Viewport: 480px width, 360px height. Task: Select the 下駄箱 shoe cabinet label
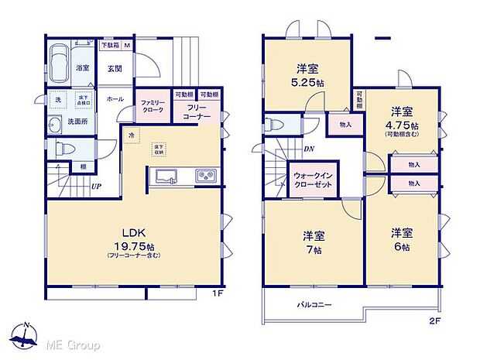tap(114, 45)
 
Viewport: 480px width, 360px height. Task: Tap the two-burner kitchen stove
tap(206, 177)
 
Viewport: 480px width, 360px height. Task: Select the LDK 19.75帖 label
tap(129, 238)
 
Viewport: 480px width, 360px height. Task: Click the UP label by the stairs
tap(96, 187)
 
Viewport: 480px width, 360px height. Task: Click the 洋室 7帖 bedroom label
tap(312, 242)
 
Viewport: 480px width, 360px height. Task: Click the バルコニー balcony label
tap(315, 304)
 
